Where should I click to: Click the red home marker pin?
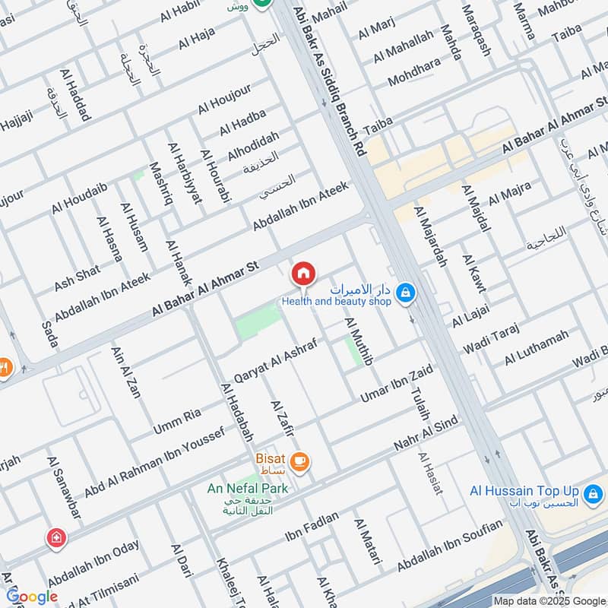303,273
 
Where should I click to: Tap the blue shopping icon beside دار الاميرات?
407,292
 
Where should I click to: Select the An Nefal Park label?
248,488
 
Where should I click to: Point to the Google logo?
32,597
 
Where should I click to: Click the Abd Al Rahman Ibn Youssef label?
154,463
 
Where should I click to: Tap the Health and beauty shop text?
336,302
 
